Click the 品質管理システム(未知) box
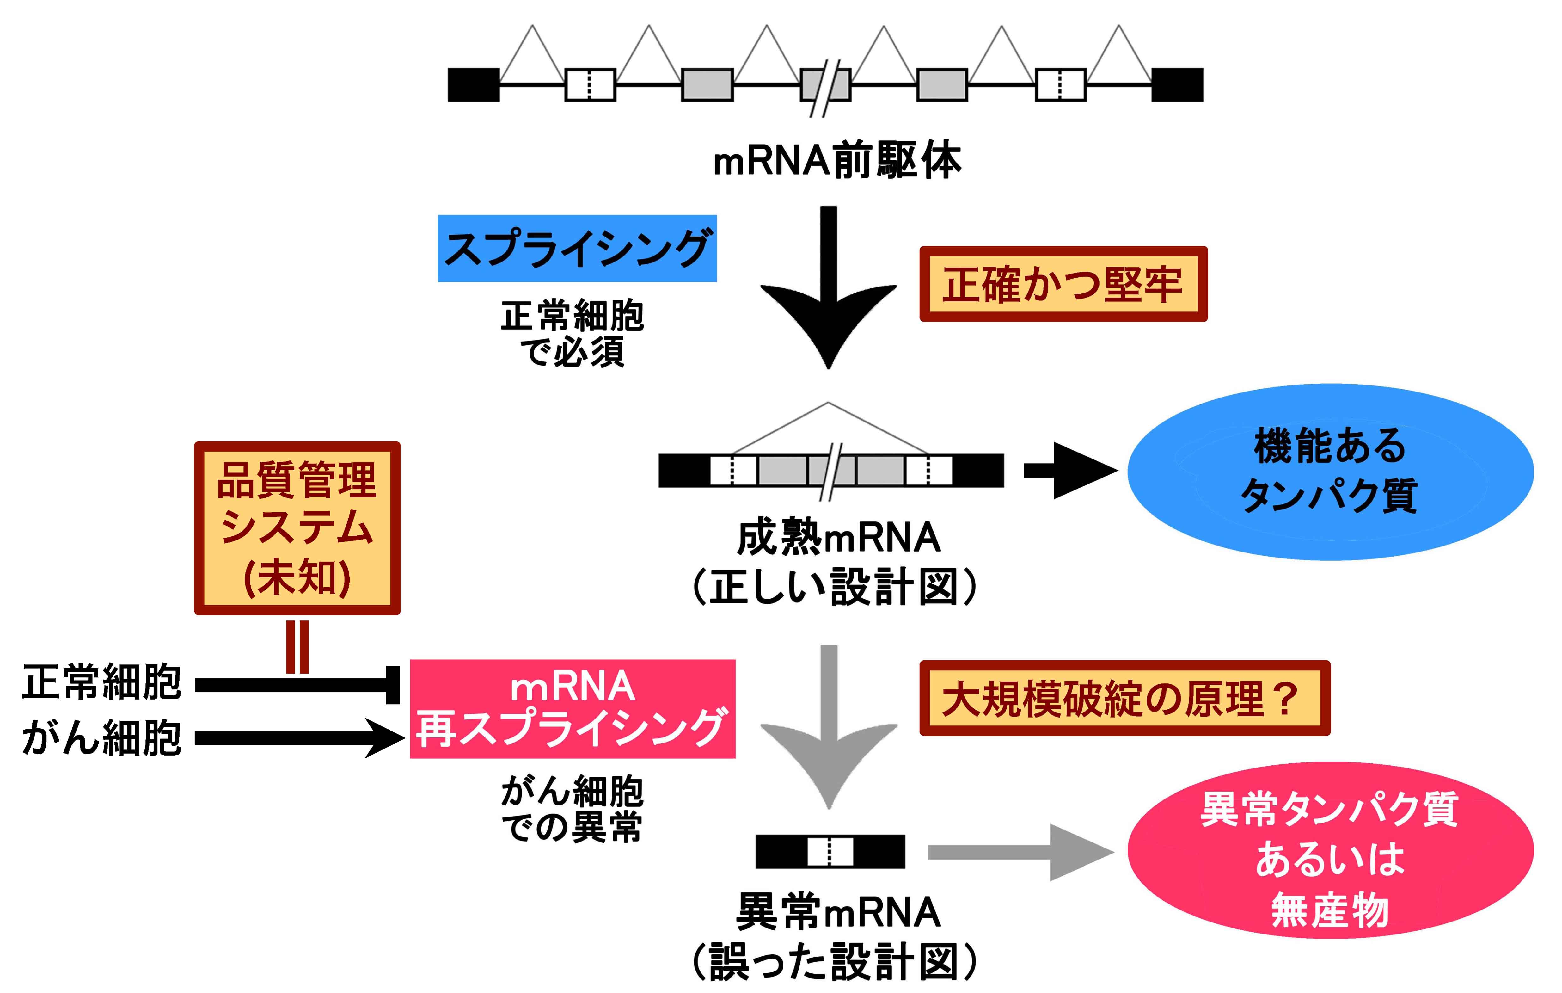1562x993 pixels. coord(297,528)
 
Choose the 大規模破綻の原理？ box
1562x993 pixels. coord(1124,698)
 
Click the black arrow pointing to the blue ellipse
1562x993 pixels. coord(1070,471)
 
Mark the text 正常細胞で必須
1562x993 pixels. coord(572,334)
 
